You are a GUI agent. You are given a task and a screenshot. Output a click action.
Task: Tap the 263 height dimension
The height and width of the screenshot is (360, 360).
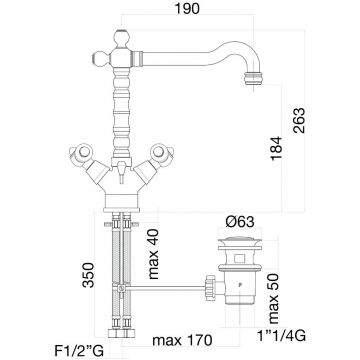[299, 120]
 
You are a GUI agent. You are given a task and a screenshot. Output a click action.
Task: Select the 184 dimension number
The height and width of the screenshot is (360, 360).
[277, 148]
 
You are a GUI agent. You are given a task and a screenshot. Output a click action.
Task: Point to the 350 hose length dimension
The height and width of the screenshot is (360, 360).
[89, 275]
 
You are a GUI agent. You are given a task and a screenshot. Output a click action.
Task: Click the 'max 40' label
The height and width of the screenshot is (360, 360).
[153, 254]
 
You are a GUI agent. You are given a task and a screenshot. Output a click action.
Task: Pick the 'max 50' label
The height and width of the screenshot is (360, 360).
[274, 299]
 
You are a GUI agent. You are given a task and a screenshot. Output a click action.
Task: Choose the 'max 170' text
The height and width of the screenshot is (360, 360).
[182, 341]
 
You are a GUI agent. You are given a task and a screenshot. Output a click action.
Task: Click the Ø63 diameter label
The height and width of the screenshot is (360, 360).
[240, 222]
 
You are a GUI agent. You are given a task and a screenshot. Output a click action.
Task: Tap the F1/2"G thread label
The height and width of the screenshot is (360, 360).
[79, 351]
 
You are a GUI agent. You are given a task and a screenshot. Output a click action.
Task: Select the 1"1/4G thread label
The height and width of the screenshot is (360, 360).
[281, 336]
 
